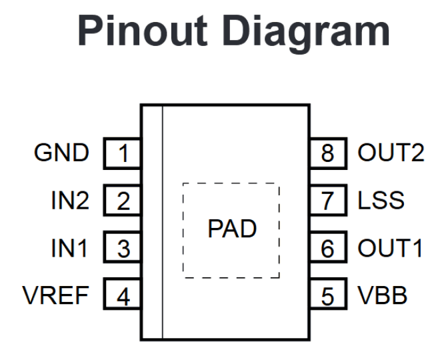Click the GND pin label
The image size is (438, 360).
(61, 153)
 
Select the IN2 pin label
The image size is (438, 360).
(69, 201)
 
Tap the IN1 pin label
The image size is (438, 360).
(69, 249)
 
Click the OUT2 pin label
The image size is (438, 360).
(391, 153)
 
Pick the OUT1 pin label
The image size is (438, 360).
(390, 249)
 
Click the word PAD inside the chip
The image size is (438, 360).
(231, 229)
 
